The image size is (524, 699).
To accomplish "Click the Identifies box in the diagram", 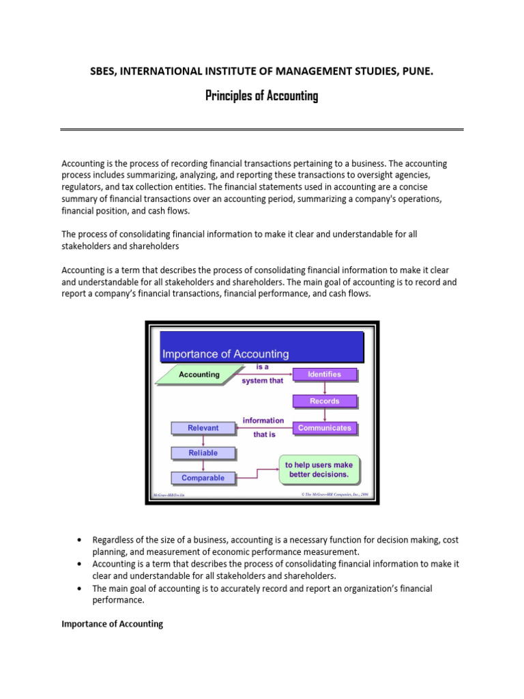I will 324,374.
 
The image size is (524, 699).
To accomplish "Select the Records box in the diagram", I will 324,401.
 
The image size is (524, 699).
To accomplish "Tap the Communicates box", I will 324,428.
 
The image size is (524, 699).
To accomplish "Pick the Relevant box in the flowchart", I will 203,428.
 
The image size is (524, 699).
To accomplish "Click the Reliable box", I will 203,453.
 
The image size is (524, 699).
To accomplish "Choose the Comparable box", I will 203,478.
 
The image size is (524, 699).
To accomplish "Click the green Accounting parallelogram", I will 199,375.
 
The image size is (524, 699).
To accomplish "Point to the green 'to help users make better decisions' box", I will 319,470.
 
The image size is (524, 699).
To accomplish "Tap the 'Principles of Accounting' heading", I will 261,96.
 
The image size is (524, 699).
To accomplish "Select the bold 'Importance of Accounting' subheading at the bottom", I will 113,624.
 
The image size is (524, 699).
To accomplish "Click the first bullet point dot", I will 81,540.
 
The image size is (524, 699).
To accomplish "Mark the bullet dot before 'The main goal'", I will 81,588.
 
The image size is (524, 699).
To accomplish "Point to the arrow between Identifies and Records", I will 324,388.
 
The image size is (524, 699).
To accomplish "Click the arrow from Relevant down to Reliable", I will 203,440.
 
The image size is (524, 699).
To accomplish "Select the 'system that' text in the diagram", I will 262,381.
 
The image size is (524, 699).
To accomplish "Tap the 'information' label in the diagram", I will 263,420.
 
